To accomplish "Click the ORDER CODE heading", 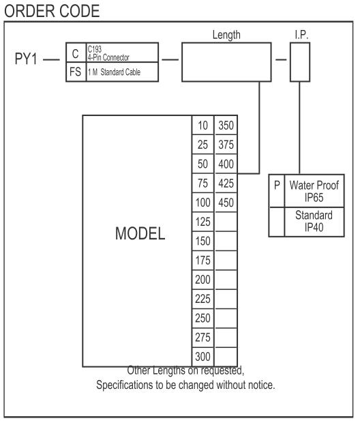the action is pos(52,11).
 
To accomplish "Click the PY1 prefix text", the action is pos(26,59).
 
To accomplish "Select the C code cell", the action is pos(76,53).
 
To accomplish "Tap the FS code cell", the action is pos(76,72).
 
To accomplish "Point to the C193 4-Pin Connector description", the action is pos(108,53).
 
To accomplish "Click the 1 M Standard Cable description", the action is pos(114,72).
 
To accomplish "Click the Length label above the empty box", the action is pos(226,35).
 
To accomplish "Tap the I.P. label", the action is pos(301,35).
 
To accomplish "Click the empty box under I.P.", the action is pos(300,62).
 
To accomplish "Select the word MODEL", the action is pos(140,233).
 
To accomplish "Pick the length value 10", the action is pos(202,126).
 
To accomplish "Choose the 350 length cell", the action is pos(226,126).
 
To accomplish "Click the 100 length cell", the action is pos(202,203).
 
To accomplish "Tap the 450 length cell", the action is pos(226,203).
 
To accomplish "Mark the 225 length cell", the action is pos(202,299).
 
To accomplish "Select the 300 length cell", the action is pos(202,357).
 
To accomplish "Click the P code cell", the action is pos(277,191).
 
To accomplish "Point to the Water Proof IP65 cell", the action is pos(314,191).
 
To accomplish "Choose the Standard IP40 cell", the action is pos(314,222).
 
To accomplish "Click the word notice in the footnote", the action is pos(261,385).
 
